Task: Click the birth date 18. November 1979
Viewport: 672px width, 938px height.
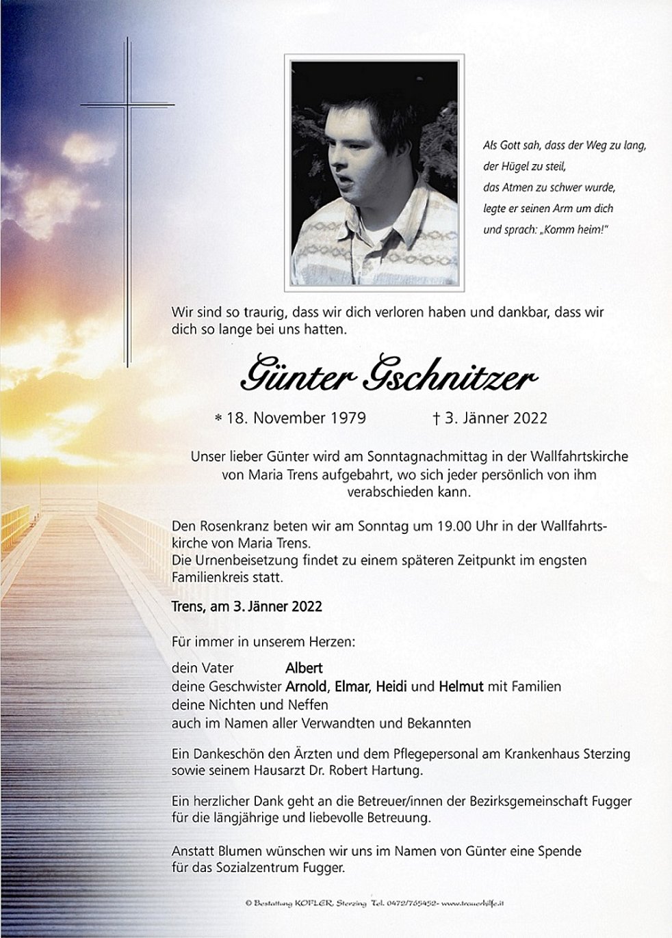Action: pos(309,418)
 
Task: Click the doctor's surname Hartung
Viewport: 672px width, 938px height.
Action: pos(398,771)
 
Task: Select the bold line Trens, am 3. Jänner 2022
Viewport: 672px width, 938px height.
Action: pos(247,606)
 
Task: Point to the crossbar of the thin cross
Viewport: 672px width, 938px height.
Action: pos(127,105)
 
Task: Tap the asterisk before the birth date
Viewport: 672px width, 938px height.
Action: pos(218,418)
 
